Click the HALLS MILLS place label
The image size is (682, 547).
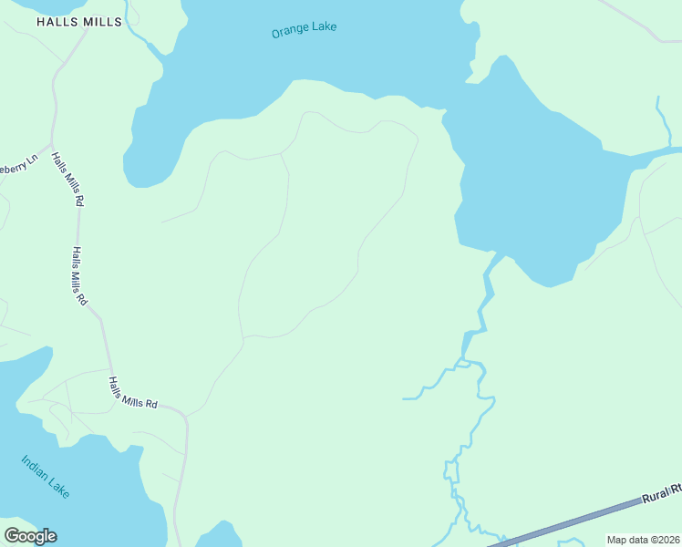[x=78, y=21]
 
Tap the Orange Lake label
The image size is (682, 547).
[x=304, y=30]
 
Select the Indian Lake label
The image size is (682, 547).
[x=45, y=475]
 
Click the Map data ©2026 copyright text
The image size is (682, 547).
[x=643, y=540]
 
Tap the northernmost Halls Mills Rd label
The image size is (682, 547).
[x=68, y=179]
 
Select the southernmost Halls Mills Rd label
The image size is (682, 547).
[x=133, y=393]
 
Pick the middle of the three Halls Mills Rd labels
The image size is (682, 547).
[x=79, y=275]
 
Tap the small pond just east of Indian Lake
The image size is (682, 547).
[x=219, y=535]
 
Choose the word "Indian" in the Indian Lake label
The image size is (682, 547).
[x=35, y=465]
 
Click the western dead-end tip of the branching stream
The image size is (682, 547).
[x=405, y=398]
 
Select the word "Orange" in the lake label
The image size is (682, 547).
[x=288, y=33]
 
